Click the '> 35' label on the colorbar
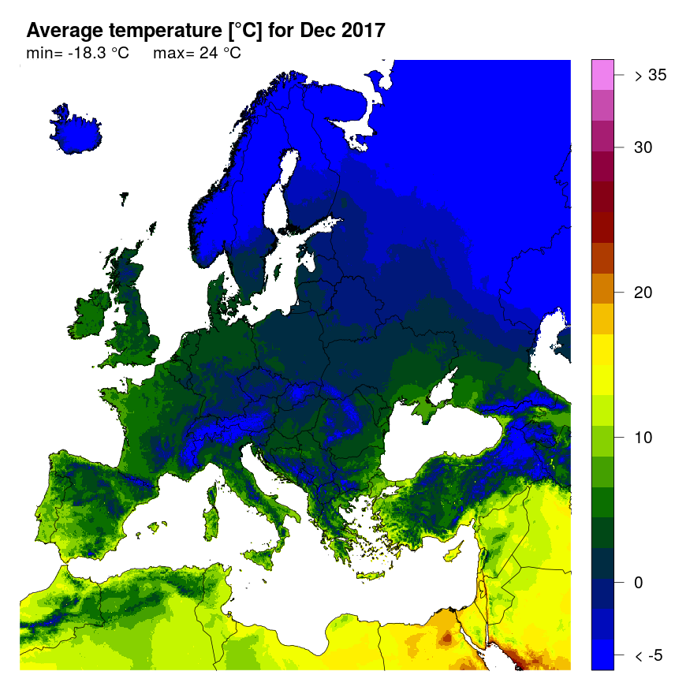[x=651, y=76]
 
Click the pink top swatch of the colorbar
[x=602, y=76]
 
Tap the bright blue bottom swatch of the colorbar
[x=602, y=655]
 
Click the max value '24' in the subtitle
[x=210, y=54]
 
